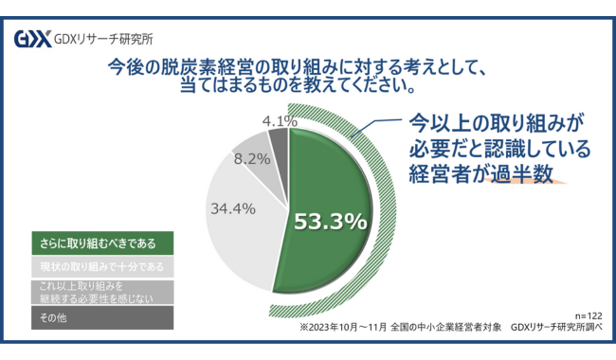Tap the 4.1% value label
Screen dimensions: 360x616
point(279,121)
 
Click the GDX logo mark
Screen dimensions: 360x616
point(32,40)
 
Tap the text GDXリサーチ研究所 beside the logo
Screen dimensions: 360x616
point(104,40)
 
